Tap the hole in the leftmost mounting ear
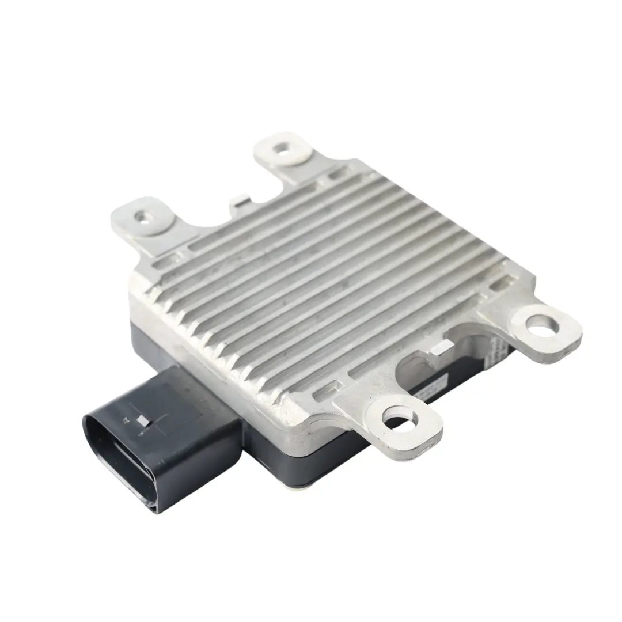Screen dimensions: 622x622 pyautogui.click(x=140, y=217)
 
